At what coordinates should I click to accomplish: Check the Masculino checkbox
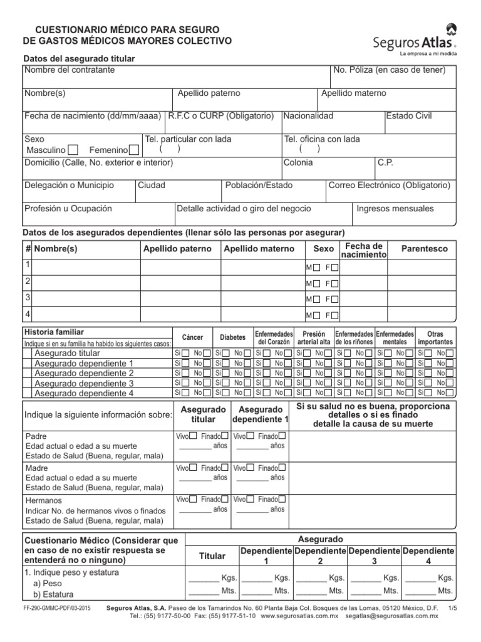tap(73, 150)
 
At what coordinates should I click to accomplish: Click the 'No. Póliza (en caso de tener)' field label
tap(390, 70)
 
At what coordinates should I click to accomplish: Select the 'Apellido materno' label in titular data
tap(354, 93)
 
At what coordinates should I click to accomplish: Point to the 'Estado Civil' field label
tap(409, 116)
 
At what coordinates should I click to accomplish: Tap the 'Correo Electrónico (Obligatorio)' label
tap(389, 186)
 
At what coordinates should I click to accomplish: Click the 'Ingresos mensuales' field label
tap(395, 209)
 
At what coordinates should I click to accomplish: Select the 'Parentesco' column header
tap(425, 249)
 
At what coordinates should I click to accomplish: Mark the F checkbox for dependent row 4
tap(334, 315)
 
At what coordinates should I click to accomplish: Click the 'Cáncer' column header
tap(192, 337)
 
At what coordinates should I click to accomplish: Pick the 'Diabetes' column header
tap(232, 337)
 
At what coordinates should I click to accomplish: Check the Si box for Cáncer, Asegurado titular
tap(185, 353)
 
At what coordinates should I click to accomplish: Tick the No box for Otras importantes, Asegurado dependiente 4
tap(450, 393)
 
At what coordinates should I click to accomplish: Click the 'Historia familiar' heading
tap(54, 332)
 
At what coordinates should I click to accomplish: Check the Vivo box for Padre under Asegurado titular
tap(194, 436)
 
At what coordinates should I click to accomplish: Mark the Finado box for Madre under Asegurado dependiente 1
tap(283, 468)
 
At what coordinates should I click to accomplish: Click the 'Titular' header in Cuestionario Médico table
tap(212, 556)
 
